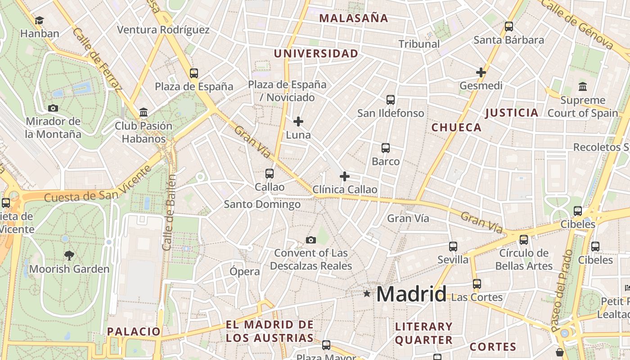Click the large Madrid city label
(411, 294)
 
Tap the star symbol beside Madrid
(367, 294)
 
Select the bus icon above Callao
(270, 173)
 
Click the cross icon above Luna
(298, 121)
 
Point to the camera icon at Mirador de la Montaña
(53, 108)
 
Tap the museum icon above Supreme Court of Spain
(583, 86)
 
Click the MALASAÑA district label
(353, 18)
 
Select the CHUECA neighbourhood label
(456, 128)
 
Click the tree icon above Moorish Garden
(69, 256)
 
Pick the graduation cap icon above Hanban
(40, 20)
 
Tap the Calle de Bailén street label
(168, 211)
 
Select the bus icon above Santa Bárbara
(509, 27)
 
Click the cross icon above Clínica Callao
(345, 176)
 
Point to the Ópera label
(245, 272)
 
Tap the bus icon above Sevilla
(453, 247)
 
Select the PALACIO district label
(134, 332)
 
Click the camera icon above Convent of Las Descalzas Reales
(311, 240)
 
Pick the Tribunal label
(419, 44)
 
